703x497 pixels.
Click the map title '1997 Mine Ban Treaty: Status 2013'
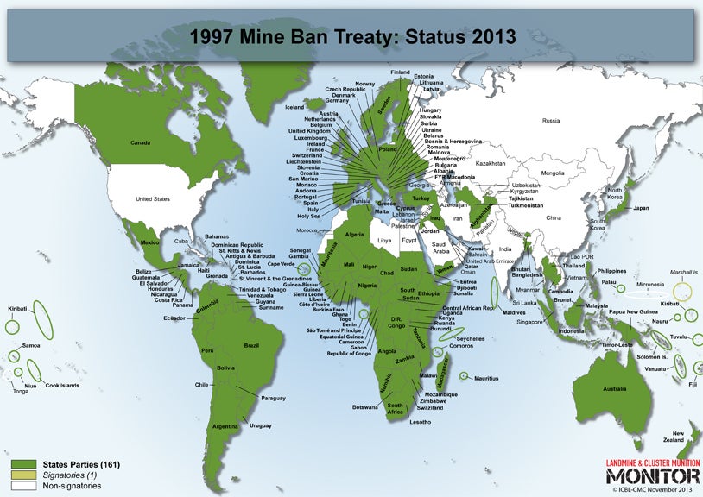[x=351, y=36]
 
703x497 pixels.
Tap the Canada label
[x=140, y=142]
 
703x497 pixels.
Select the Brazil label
[x=251, y=345]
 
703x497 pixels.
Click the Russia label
[x=545, y=122]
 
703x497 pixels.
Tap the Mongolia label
[x=552, y=173]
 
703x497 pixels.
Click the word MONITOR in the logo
[x=652, y=475]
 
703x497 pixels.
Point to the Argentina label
[x=225, y=426]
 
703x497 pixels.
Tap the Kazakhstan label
[x=490, y=162]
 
